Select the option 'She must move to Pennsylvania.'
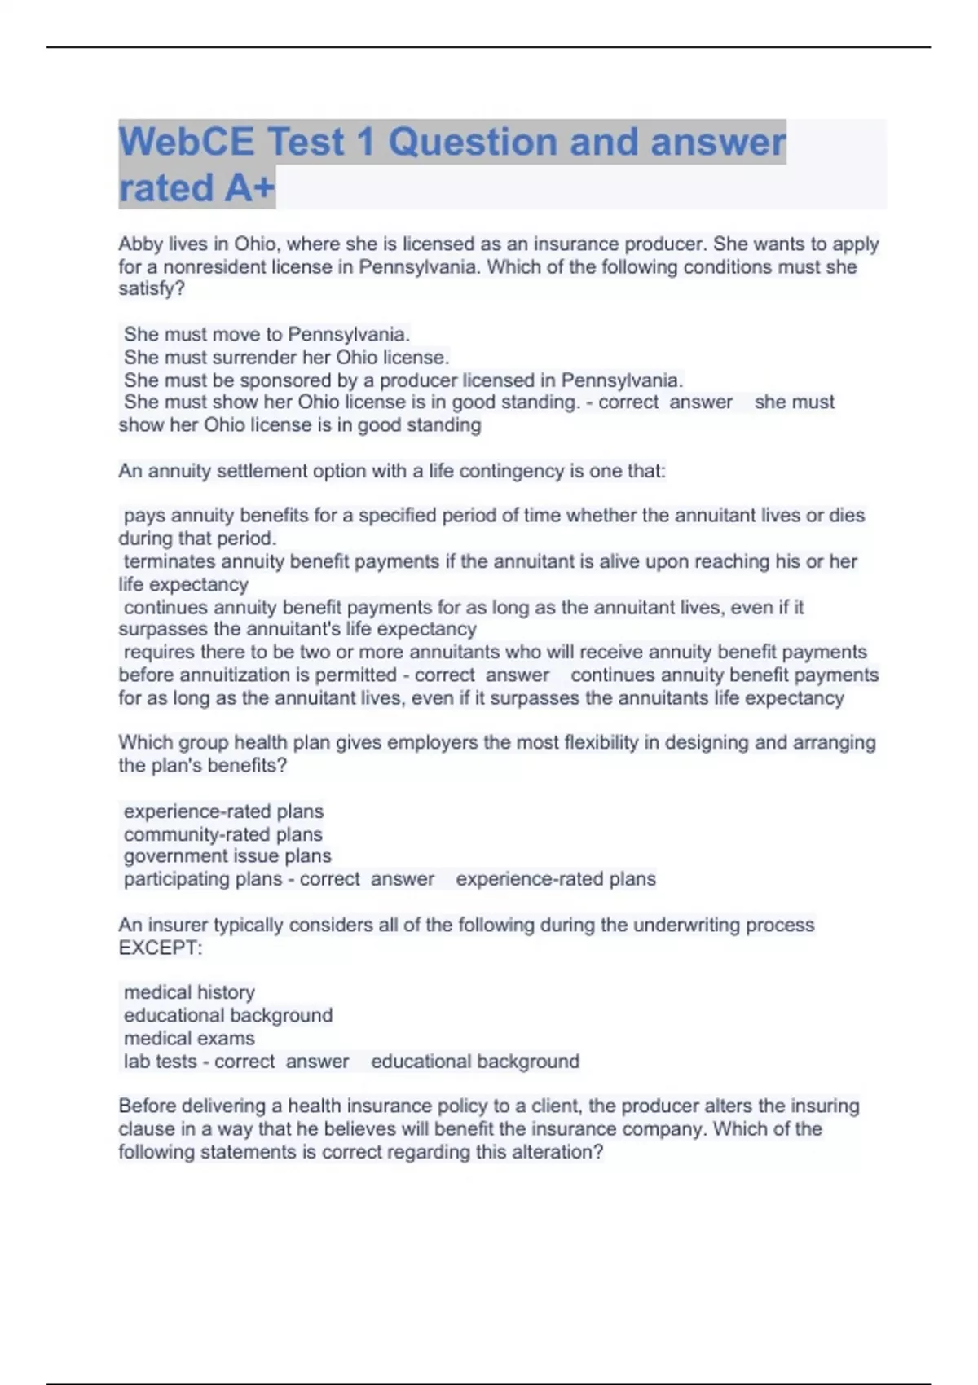(267, 334)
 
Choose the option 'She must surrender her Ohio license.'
(286, 357)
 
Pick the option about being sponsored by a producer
(403, 380)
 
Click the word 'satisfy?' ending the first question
(152, 289)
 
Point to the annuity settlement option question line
(392, 471)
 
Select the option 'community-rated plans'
(222, 834)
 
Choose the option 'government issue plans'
(227, 856)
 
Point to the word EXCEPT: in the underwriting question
(161, 948)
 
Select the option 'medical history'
(189, 992)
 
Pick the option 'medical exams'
(189, 1038)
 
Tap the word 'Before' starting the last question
(147, 1106)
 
